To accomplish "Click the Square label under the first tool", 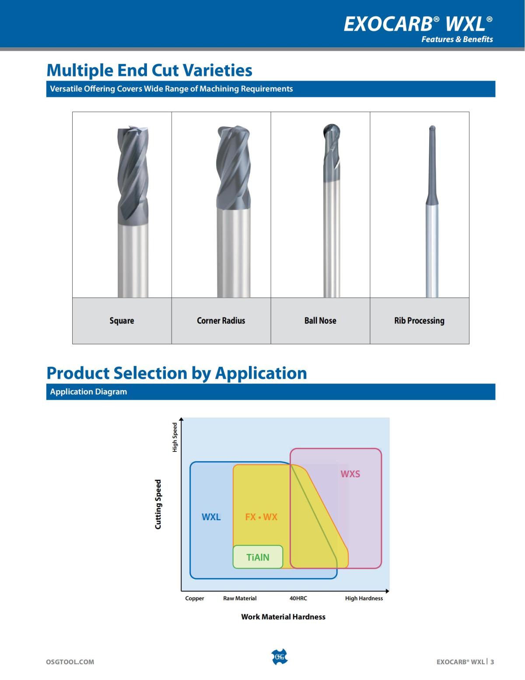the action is click(122, 321).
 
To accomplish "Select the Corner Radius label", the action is click(221, 321).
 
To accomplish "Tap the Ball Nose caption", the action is click(320, 321).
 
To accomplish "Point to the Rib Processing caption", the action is click(419, 321).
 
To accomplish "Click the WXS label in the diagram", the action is click(350, 474).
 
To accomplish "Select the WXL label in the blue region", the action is click(211, 517).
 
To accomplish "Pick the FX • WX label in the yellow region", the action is click(261, 517).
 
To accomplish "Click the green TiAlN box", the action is click(258, 557).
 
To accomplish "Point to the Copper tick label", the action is click(195, 598).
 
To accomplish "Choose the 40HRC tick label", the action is click(298, 598).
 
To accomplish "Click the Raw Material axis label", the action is click(239, 598).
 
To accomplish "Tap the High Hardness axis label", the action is click(364, 598).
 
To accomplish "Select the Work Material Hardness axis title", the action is click(283, 617).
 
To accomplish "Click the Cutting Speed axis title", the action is click(158, 504).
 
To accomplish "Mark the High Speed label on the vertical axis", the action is click(175, 437).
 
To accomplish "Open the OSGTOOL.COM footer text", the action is click(70, 662).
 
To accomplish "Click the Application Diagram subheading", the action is click(88, 391).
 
